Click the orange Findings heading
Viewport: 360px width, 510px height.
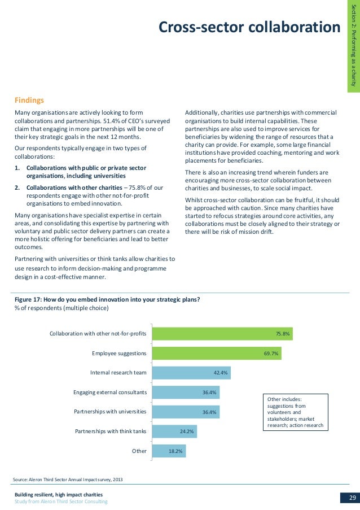click(x=29, y=101)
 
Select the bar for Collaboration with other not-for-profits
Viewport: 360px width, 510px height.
click(x=222, y=334)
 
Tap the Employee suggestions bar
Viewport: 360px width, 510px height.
click(x=217, y=354)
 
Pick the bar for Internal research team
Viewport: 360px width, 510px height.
click(x=192, y=373)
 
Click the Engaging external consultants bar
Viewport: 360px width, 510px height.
click(x=186, y=393)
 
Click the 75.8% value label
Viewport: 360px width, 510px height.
click(x=282, y=334)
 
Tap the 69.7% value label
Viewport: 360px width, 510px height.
click(x=271, y=354)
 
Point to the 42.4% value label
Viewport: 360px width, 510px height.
click(x=221, y=373)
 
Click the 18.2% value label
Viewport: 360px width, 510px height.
click(x=175, y=451)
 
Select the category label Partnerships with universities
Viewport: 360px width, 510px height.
click(x=110, y=412)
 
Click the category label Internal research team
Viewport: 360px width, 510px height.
click(x=118, y=373)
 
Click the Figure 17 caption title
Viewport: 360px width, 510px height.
click(x=107, y=300)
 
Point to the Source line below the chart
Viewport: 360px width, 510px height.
click(x=68, y=480)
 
